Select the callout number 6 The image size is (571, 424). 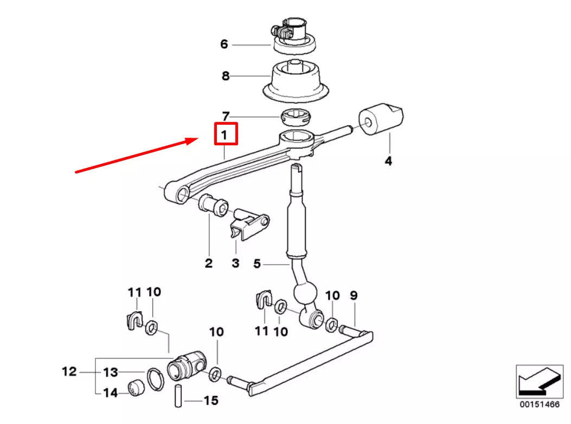point(224,44)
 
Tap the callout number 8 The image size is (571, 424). point(226,76)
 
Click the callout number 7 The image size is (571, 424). point(226,115)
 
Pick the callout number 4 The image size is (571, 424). point(388,160)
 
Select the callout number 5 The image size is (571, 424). point(258,264)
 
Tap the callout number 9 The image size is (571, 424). point(354,295)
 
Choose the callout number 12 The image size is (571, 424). point(69,372)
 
